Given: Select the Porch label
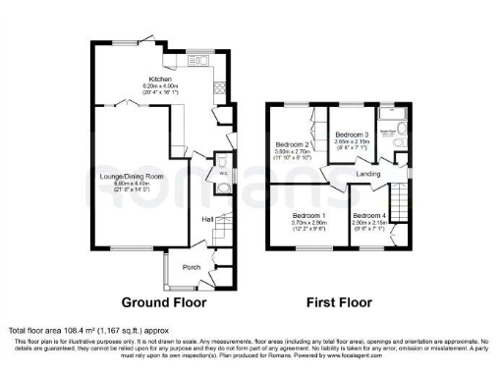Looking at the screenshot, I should coord(191,266).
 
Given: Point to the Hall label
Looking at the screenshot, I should coord(208,219).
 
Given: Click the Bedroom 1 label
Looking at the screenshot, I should coord(308,215).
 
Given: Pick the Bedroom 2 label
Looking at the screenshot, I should coord(293,143).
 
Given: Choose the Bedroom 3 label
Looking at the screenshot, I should coord(352,135).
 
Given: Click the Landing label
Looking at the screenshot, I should coord(367,175).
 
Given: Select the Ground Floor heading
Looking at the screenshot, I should coord(164,303).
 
